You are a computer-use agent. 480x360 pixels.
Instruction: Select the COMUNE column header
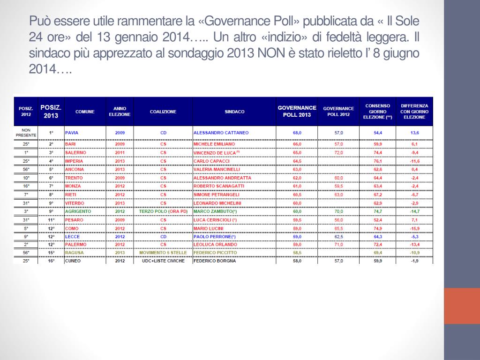(x=85, y=112)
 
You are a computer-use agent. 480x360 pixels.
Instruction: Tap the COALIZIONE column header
(x=163, y=112)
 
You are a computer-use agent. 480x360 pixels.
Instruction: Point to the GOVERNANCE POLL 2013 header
(x=297, y=112)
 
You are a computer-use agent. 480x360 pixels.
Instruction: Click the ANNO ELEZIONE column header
(x=120, y=112)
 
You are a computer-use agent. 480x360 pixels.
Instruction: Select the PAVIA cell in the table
(x=72, y=133)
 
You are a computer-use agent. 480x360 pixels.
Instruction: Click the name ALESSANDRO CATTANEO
(x=221, y=133)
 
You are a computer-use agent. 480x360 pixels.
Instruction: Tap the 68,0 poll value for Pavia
(x=297, y=133)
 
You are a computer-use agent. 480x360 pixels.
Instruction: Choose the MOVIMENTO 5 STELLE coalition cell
(x=163, y=253)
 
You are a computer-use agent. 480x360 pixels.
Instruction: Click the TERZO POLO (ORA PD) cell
(x=163, y=211)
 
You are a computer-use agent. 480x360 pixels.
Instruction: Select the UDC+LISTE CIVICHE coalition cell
(x=163, y=261)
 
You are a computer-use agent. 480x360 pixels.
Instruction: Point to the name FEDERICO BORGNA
(x=215, y=261)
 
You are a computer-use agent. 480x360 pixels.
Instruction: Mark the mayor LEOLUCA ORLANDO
(x=215, y=245)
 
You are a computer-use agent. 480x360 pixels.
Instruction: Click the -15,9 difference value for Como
(x=414, y=228)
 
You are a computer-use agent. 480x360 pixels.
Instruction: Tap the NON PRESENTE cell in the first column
(x=26, y=133)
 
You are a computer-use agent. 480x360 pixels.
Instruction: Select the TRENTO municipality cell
(x=73, y=178)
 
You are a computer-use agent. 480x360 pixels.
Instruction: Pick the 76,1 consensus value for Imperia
(x=378, y=161)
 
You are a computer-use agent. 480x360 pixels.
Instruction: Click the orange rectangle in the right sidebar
(x=462, y=306)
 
